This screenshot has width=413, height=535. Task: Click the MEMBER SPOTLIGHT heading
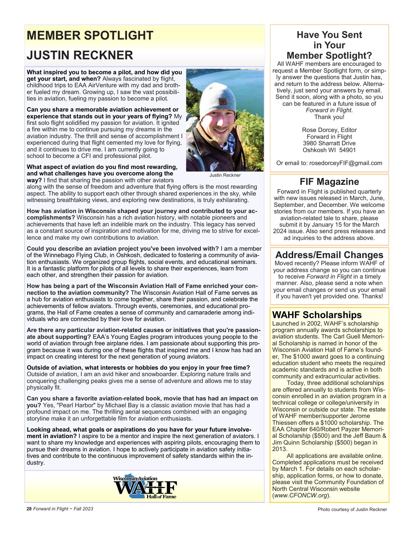90,35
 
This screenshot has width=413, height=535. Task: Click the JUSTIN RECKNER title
80,55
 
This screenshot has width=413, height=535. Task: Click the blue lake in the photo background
224,78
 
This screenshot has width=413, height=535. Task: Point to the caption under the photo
225,175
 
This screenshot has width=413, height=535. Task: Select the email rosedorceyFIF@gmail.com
346,163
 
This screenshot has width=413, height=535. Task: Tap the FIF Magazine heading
329,182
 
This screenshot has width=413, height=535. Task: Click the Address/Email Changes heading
329,255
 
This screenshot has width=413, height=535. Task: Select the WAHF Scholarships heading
317,315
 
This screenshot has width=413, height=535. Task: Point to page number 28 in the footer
29,509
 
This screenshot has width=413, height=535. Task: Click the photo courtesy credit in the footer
352,509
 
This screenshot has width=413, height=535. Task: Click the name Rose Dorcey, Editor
329,130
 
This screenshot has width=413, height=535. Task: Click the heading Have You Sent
329,35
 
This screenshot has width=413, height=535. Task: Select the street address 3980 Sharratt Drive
329,143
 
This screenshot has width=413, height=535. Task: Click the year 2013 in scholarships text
279,449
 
